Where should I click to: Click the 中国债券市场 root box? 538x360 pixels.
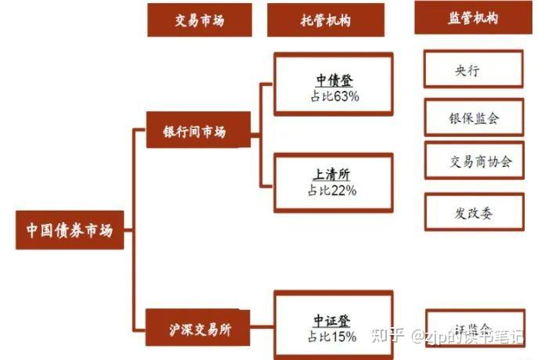click(x=70, y=230)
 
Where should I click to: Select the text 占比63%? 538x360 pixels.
click(x=334, y=97)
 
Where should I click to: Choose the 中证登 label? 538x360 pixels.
click(x=334, y=321)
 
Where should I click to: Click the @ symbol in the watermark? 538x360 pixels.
click(x=419, y=337)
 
